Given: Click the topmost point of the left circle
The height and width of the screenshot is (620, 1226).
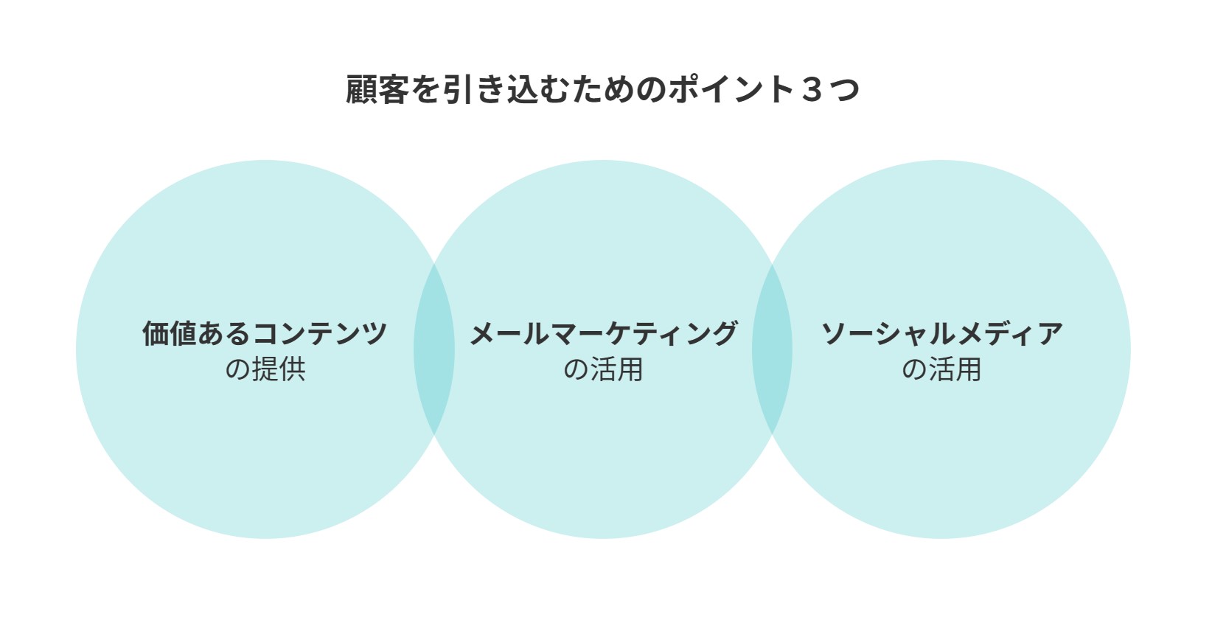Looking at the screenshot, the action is (x=265, y=160).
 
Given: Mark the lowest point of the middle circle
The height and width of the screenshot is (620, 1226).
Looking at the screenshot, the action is (x=603, y=539).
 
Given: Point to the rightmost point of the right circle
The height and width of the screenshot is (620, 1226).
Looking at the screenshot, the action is (x=1131, y=349).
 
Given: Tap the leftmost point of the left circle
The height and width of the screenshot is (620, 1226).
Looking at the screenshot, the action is (x=76, y=349).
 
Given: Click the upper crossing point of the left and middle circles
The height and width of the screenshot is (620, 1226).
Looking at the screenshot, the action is (x=434, y=264).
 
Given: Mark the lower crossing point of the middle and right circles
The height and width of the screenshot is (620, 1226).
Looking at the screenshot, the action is (x=773, y=435).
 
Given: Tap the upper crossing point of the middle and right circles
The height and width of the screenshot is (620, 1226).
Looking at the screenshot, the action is (x=773, y=264).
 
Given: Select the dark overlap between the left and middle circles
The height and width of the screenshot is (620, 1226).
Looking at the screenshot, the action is (x=434, y=349).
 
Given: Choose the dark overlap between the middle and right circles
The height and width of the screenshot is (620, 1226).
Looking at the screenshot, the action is (x=773, y=349).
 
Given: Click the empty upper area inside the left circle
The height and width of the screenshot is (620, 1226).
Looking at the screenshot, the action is (x=265, y=235).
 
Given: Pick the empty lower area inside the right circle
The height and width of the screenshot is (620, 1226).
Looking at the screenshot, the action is (x=941, y=460).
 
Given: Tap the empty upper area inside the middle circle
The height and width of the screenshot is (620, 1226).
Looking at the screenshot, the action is (x=603, y=235).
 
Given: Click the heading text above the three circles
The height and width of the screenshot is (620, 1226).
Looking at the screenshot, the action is (x=602, y=89).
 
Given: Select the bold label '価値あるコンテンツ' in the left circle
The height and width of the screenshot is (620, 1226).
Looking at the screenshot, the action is (x=265, y=333).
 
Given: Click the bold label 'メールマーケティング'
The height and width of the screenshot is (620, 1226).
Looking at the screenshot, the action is (x=603, y=333).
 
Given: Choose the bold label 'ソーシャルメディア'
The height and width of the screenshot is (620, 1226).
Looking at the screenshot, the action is (x=941, y=333).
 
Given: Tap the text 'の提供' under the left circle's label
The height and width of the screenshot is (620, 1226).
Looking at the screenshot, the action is (x=265, y=369).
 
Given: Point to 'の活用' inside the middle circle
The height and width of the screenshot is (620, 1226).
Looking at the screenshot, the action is (x=603, y=369).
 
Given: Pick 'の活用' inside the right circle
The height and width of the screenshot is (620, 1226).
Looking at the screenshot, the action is (x=941, y=369).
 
